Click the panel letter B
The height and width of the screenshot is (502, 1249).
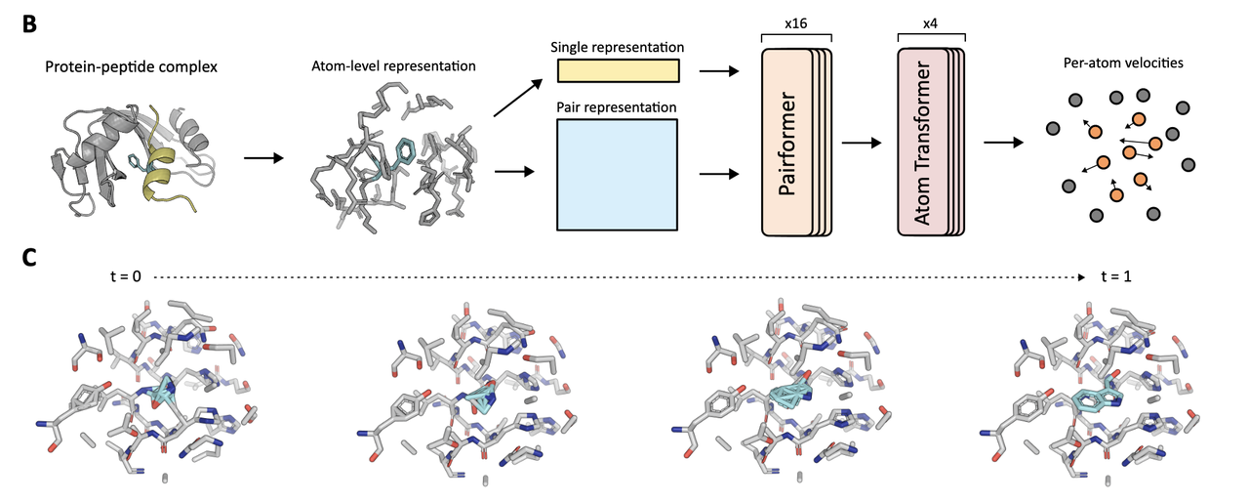(31, 20)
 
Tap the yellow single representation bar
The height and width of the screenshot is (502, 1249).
(617, 71)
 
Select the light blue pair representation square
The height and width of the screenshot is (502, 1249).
(617, 174)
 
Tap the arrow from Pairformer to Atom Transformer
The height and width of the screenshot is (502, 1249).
(860, 144)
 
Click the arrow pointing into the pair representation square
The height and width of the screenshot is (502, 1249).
(517, 173)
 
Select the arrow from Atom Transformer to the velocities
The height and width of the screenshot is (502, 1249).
(1002, 144)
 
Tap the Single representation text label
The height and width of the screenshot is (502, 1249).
(617, 47)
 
